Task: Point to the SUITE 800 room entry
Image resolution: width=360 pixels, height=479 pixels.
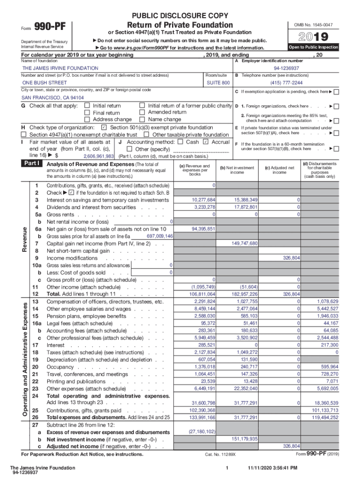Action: coord(218,82)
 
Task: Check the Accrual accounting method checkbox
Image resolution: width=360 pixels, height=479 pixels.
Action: coord(206,142)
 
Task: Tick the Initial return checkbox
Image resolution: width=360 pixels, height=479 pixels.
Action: coord(86,106)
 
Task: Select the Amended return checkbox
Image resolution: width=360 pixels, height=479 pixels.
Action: coord(142,112)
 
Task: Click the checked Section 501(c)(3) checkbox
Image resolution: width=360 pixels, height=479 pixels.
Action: coord(104,127)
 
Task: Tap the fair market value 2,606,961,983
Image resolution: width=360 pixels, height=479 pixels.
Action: coord(99,156)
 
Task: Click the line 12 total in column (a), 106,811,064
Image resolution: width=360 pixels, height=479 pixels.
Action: coord(202,294)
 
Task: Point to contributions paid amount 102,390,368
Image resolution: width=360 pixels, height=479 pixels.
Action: coord(202,410)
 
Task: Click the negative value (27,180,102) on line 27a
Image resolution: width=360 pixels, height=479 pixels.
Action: coord(202,431)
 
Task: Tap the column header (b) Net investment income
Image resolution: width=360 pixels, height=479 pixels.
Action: coord(237,170)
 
